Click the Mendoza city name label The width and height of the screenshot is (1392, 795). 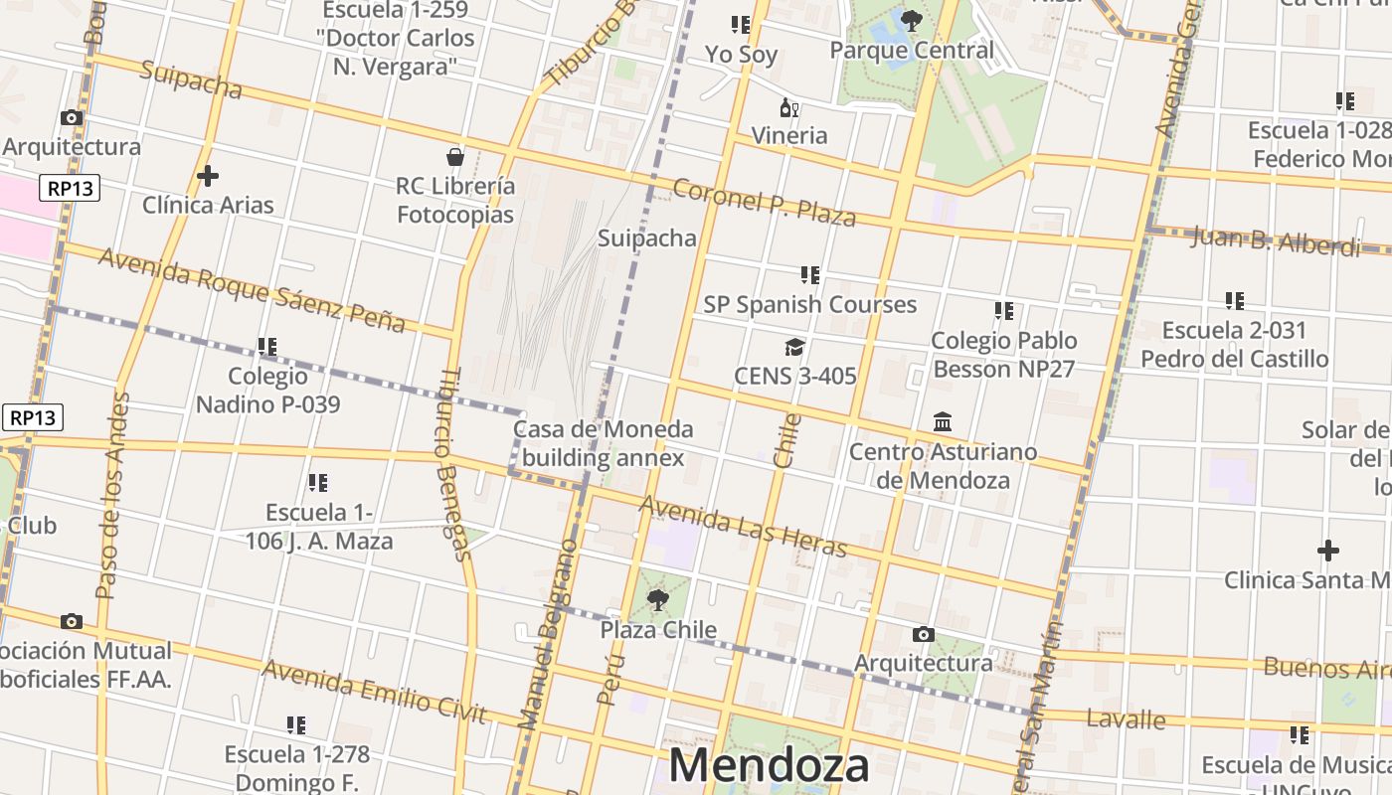tap(769, 765)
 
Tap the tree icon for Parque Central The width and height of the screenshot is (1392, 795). tap(911, 20)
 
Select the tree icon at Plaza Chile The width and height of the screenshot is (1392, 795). tap(657, 599)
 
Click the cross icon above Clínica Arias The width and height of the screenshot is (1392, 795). tap(207, 176)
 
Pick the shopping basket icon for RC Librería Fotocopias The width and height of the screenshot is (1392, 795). tap(455, 157)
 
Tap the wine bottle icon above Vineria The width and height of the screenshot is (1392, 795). tap(788, 107)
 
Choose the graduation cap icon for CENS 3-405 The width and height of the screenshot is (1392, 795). tap(794, 347)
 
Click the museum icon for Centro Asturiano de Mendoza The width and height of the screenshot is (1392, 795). tap(943, 422)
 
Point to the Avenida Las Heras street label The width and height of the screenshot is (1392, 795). tap(743, 527)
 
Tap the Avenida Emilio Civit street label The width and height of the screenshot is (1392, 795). tap(374, 692)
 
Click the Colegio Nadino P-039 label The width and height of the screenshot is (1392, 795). tap(267, 390)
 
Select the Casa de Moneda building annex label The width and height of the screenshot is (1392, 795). tap(603, 443)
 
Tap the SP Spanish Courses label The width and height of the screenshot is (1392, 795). tap(809, 304)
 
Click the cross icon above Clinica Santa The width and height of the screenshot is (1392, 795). tap(1327, 551)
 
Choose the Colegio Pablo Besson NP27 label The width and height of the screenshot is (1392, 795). tap(1003, 354)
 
